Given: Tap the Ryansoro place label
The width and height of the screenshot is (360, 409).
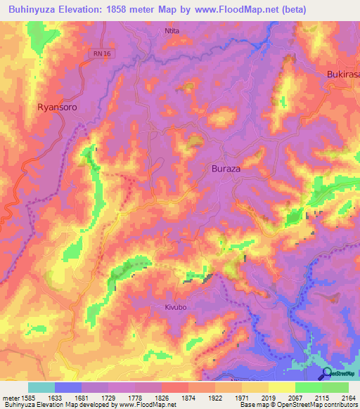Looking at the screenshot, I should click(57, 108).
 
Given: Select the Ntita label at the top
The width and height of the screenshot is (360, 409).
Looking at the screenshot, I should click(172, 32).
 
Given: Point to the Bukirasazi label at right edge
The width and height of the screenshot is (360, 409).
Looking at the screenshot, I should click(343, 74).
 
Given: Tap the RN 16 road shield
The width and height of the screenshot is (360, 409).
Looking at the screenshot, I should click(101, 53).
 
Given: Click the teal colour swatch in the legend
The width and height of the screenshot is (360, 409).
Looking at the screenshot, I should click(41, 387).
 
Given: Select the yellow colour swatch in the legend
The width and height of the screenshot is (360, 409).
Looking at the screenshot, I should click(282, 387).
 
